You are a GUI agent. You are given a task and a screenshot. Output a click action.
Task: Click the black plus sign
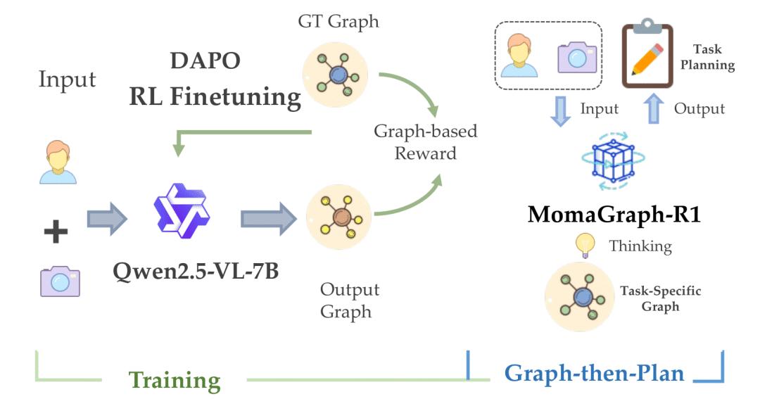(56, 231)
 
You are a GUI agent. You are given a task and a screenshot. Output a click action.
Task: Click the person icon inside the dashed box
(522, 57)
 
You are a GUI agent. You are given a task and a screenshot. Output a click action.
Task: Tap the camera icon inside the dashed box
(577, 58)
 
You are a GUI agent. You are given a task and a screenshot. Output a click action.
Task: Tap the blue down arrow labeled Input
(561, 110)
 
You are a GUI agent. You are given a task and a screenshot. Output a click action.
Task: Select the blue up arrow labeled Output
(654, 109)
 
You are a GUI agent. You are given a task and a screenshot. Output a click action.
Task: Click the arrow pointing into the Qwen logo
(107, 217)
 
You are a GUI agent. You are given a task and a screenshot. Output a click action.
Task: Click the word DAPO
(205, 61)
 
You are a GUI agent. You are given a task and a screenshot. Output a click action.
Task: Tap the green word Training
(174, 380)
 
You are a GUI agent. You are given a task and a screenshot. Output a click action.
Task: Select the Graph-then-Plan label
(594, 372)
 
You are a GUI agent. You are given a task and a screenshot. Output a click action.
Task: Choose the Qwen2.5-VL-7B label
(195, 269)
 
